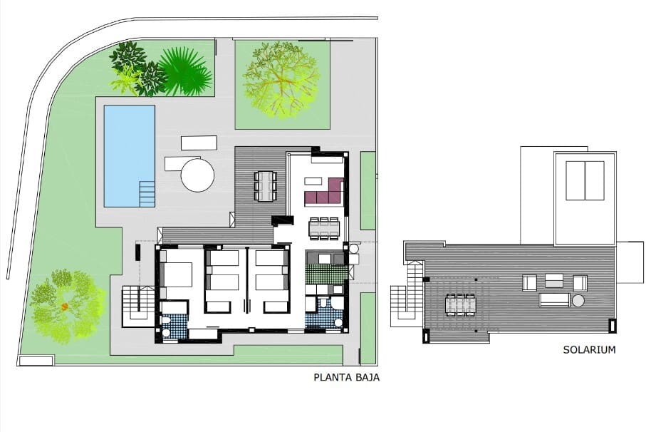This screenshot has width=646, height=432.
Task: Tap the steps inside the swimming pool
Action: (x=147, y=193)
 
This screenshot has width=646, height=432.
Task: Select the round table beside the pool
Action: (x=197, y=175)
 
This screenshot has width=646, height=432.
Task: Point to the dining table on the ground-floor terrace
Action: (x=266, y=185)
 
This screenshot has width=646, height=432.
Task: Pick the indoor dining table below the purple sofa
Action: (x=324, y=227)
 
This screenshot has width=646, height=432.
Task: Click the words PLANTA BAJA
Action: (x=346, y=378)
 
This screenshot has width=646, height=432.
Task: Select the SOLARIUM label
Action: (x=588, y=350)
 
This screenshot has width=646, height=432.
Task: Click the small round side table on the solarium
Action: (x=578, y=302)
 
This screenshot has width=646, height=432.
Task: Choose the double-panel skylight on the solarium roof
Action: (x=585, y=180)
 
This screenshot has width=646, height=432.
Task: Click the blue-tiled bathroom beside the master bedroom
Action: (x=173, y=326)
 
